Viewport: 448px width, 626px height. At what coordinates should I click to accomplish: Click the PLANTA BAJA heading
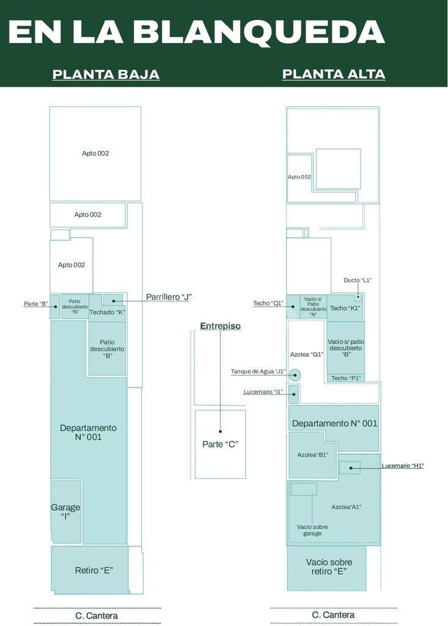click(x=106, y=74)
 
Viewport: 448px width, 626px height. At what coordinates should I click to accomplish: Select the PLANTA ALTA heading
click(x=334, y=74)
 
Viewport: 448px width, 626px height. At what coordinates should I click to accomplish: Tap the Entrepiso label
click(x=221, y=326)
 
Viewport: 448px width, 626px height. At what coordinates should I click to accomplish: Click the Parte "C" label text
click(x=221, y=444)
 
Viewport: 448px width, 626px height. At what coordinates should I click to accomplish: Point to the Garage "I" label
click(x=65, y=512)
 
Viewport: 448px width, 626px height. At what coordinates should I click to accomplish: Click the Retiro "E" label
click(x=94, y=570)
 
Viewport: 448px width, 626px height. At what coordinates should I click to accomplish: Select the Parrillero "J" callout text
click(x=169, y=296)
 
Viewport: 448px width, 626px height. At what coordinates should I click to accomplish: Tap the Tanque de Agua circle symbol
click(x=295, y=375)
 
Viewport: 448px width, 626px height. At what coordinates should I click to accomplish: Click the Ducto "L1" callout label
click(x=358, y=280)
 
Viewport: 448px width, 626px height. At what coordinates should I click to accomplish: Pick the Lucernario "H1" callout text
click(x=403, y=465)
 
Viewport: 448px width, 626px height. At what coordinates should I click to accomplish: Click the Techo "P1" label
click(x=346, y=378)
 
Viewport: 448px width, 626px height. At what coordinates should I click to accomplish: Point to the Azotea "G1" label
click(x=307, y=354)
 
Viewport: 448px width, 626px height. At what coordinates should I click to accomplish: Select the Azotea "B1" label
click(x=313, y=455)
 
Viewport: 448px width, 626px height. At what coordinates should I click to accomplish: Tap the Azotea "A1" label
click(x=346, y=507)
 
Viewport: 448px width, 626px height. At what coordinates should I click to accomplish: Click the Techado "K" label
click(x=108, y=312)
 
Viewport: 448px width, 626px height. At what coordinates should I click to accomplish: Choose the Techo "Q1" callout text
click(x=268, y=303)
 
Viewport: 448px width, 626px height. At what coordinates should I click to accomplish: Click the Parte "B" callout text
click(x=36, y=304)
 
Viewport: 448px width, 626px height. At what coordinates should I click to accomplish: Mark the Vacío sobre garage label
click(x=312, y=530)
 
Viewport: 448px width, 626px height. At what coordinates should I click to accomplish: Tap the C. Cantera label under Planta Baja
click(x=97, y=616)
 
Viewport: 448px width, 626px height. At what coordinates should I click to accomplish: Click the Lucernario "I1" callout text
click(x=263, y=392)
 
